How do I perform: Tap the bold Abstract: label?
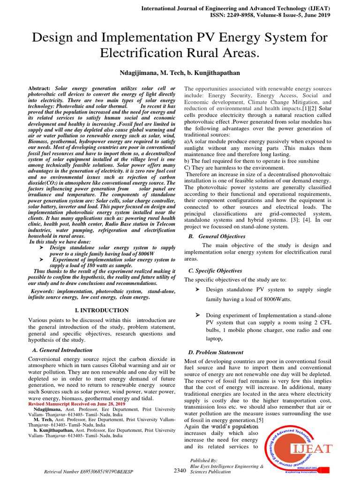[39, 89]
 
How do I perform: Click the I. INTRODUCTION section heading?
[102, 310]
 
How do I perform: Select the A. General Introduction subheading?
[62, 350]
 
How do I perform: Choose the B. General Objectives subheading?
[217, 236]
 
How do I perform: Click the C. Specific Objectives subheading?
[215, 270]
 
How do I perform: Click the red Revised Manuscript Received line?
[77, 404]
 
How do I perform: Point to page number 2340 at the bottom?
[180, 470]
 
